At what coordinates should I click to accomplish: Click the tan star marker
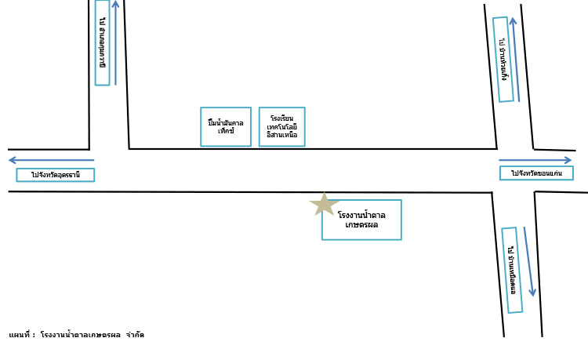324,204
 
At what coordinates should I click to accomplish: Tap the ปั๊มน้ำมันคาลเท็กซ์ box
226,126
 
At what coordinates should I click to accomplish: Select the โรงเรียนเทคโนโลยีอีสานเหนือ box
282,126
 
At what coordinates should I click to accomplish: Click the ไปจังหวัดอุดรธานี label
55,175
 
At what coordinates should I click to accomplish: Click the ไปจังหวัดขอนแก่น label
536,173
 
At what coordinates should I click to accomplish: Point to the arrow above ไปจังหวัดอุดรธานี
51,160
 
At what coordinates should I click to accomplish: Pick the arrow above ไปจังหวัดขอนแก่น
536,160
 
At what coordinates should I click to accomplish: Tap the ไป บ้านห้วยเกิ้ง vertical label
503,60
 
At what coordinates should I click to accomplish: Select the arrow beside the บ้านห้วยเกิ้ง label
515,60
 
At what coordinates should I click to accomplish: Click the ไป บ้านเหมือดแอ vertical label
512,270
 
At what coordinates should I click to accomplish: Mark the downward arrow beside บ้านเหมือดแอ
529,262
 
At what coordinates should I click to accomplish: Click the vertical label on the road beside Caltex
103,42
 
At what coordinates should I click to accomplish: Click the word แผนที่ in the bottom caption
20,335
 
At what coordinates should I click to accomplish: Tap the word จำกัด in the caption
135,335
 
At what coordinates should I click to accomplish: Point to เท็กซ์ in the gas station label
226,131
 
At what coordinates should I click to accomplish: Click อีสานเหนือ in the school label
282,135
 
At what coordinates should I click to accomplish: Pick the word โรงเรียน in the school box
282,118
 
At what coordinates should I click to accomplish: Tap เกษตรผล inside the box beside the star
361,224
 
